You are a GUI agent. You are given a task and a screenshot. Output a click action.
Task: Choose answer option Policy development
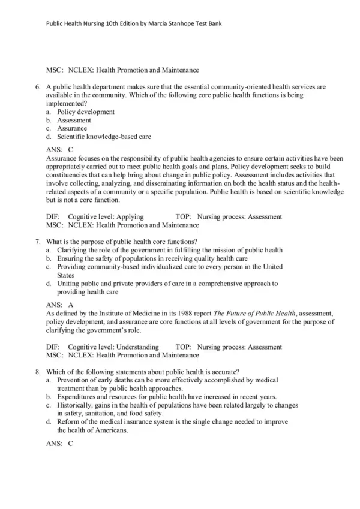(x=86, y=112)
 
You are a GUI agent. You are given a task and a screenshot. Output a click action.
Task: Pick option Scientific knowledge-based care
(x=104, y=137)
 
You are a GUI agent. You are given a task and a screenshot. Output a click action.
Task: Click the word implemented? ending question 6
(x=69, y=103)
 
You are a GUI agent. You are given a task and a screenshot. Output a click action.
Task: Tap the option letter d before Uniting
(x=48, y=283)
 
